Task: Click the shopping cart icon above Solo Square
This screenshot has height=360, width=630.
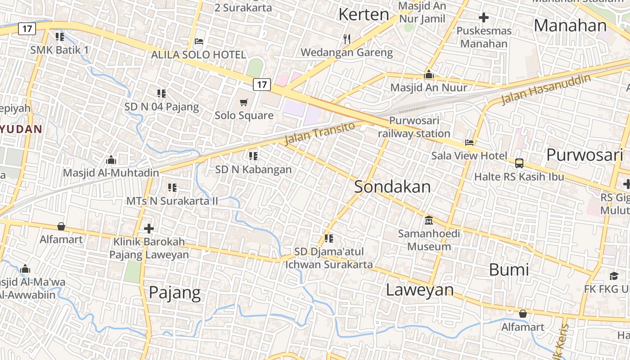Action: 243,103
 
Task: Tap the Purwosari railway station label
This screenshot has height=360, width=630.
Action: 414,127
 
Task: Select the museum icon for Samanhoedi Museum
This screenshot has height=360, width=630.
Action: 429,220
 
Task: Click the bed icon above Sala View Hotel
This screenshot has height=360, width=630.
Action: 469,143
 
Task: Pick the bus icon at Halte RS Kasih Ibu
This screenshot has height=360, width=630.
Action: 519,163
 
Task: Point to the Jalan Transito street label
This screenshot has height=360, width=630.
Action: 319,133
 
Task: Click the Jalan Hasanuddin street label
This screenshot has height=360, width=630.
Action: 545,90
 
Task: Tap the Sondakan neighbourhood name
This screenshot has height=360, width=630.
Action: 392,187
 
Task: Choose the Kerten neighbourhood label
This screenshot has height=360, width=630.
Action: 364,14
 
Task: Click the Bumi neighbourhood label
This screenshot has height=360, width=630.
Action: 509,270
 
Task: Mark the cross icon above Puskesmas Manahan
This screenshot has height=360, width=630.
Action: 484,18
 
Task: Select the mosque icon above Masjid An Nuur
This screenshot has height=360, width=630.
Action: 429,74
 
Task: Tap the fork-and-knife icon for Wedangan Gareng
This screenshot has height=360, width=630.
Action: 346,39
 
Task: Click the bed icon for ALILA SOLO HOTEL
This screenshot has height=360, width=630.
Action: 199,41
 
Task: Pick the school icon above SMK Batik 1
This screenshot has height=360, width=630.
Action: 59,36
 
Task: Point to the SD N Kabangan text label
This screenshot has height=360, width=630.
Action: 253,170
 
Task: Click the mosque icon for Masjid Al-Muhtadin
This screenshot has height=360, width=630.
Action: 111,160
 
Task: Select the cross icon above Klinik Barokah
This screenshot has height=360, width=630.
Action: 149,229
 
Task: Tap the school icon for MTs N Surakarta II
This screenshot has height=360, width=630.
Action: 172,187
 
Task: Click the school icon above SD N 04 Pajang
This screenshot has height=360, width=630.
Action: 162,94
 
